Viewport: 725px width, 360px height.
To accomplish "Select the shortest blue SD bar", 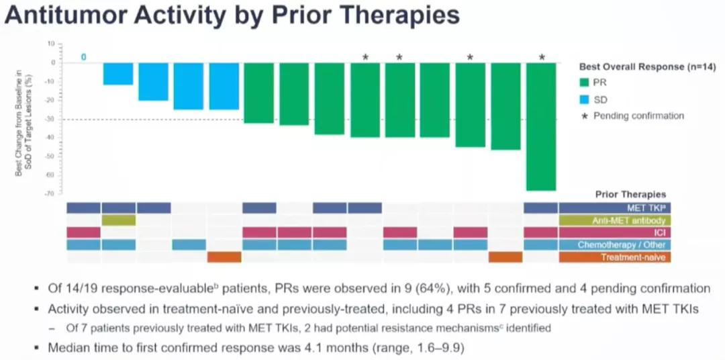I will coord(117,74).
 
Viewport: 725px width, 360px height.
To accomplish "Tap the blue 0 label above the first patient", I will coord(83,57).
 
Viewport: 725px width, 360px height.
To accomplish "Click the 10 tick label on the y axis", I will coord(51,44).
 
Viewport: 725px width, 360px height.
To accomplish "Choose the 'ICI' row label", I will coord(665,232).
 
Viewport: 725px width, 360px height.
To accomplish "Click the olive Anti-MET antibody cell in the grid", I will coord(118,220).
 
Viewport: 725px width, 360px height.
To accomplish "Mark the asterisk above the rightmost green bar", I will coord(542,58).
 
